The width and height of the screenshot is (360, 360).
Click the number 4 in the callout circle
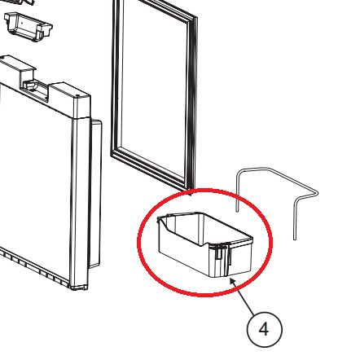[x=264, y=329]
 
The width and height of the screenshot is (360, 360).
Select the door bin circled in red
[x=205, y=244]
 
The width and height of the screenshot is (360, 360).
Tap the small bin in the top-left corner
[x=28, y=26]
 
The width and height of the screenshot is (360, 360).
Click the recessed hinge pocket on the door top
[x=35, y=89]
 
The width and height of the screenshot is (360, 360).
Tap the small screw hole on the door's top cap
[x=78, y=95]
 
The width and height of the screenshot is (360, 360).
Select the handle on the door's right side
[x=95, y=194]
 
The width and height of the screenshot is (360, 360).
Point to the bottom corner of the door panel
[x=79, y=288]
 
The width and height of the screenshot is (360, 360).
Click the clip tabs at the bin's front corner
[x=222, y=251]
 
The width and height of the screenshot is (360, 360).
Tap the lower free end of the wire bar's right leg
[x=295, y=239]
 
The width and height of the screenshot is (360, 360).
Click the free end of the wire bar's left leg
[x=237, y=210]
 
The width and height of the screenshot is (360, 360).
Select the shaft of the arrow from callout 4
[x=245, y=300]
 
